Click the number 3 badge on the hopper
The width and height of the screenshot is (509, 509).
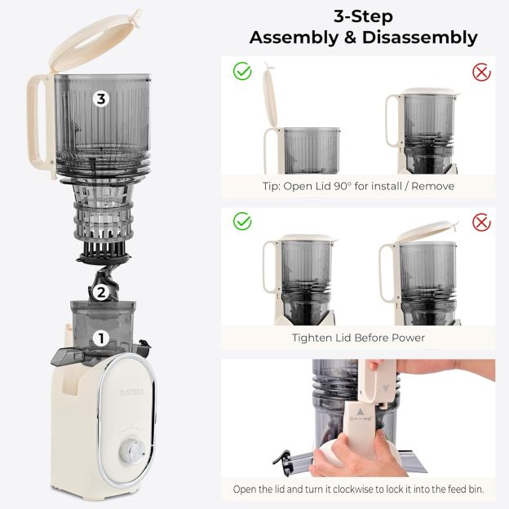click(100, 100)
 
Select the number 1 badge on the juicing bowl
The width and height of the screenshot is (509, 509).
click(101, 337)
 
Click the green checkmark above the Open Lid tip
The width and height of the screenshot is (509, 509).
click(242, 72)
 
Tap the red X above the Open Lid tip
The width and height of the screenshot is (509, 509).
click(482, 72)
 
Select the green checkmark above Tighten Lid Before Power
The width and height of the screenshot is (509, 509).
click(242, 221)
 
